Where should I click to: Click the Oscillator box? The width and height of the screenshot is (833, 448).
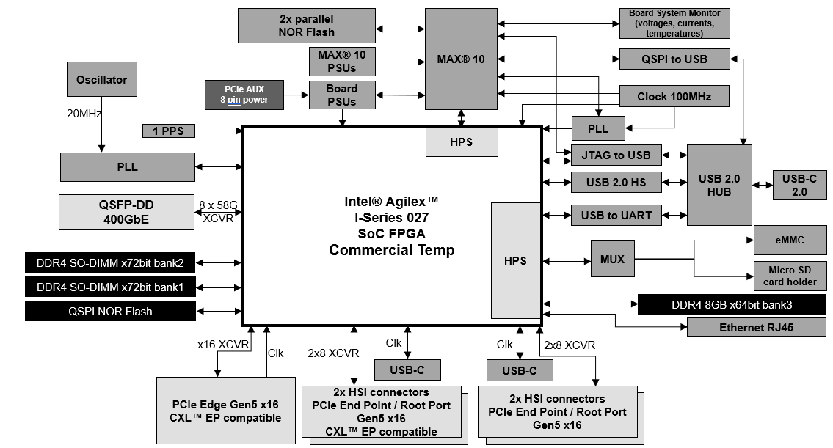(102, 79)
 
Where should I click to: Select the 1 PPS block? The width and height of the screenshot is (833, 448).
(168, 131)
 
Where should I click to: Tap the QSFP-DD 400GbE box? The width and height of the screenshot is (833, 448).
(126, 213)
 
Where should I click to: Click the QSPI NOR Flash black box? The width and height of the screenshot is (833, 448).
(111, 312)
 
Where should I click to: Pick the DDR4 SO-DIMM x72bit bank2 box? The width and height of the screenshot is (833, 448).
(110, 262)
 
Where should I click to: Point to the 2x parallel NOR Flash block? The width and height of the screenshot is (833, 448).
(307, 26)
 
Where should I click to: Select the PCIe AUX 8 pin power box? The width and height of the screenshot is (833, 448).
(244, 95)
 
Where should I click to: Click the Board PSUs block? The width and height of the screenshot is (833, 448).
(342, 95)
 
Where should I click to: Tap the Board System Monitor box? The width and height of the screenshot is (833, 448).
(674, 23)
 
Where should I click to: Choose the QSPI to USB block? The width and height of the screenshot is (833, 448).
(674, 59)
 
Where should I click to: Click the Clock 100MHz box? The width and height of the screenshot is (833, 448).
(674, 97)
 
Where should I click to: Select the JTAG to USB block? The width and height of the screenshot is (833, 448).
(616, 155)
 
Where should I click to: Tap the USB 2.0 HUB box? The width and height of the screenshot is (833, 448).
(719, 186)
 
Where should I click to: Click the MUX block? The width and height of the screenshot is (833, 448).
(613, 259)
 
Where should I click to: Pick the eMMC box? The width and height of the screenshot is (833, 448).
(790, 240)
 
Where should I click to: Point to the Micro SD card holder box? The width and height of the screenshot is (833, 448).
(790, 276)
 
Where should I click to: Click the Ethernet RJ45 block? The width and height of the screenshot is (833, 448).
(757, 328)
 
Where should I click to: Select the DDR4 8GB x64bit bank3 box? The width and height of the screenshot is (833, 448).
(732, 305)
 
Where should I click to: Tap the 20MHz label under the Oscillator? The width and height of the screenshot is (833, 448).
(84, 113)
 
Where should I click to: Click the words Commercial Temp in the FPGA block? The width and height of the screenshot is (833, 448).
(392, 250)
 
